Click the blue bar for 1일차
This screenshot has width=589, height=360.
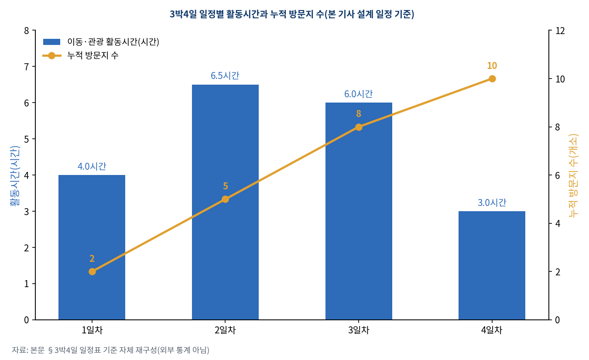click(92, 247)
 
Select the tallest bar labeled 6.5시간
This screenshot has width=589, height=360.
click(225, 202)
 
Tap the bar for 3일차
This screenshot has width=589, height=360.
click(359, 211)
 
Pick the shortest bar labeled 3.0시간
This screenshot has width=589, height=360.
click(492, 265)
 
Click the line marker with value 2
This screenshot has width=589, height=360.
click(92, 272)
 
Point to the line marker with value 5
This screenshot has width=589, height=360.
click(225, 199)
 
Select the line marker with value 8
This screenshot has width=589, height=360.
click(359, 127)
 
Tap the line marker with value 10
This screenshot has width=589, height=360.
click(492, 79)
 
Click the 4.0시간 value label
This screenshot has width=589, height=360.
click(92, 166)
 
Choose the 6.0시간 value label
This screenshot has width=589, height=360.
click(359, 94)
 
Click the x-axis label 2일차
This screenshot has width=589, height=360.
click(225, 330)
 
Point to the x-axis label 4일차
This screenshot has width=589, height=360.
click(492, 330)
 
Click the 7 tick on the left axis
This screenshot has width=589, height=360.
click(26, 67)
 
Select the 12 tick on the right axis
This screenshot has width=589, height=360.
click(560, 31)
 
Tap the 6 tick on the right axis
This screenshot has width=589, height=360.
click(558, 175)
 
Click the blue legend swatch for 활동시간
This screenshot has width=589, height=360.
click(52, 42)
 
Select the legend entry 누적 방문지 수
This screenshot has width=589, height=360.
click(93, 55)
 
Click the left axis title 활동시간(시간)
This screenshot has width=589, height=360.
click(15, 176)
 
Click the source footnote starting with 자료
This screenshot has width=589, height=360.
click(110, 350)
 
